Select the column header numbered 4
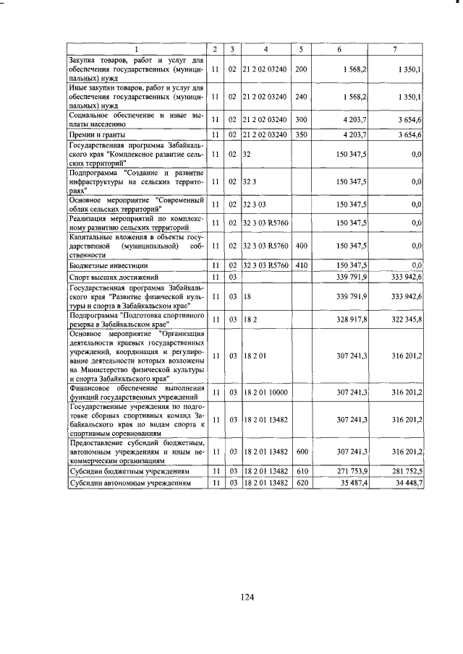[x=266, y=49]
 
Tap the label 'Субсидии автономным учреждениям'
[x=130, y=482]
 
